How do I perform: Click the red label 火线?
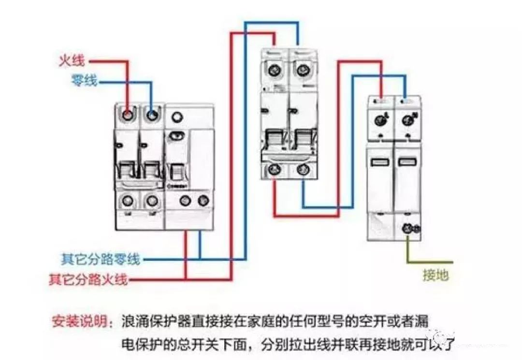(72, 61)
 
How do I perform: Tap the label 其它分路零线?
(101, 259)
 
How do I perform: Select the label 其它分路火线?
(88, 279)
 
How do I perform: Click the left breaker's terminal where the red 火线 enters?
(128, 115)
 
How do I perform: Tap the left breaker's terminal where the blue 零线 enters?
(152, 115)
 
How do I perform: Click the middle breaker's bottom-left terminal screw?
(275, 170)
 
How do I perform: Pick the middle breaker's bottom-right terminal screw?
(303, 170)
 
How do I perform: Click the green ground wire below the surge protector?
(407, 251)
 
